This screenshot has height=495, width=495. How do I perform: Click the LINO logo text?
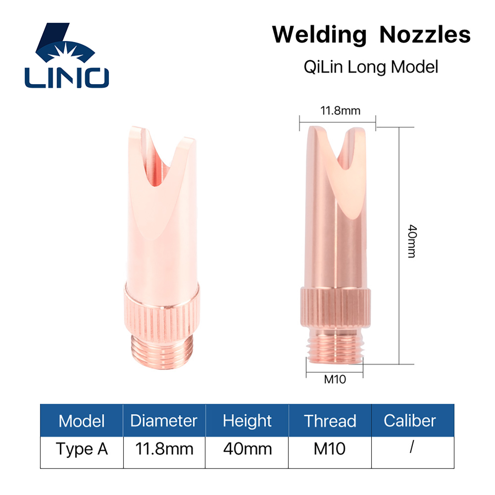[x=67, y=78]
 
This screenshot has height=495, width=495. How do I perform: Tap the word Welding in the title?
[x=320, y=35]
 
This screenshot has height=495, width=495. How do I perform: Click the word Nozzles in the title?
[x=425, y=35]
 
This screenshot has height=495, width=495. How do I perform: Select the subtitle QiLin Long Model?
[x=371, y=67]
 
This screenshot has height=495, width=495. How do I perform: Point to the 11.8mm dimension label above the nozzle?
[x=340, y=111]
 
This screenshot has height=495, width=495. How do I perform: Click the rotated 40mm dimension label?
[x=412, y=241]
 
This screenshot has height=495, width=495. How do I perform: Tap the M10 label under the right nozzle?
[x=335, y=379]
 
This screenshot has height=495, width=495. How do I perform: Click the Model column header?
[x=81, y=421]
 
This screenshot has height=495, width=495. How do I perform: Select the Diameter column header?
[x=164, y=421]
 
